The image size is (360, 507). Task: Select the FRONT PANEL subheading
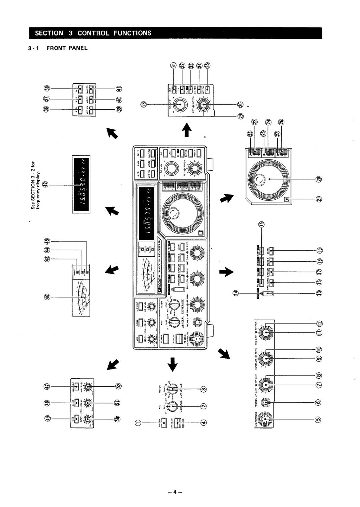67,48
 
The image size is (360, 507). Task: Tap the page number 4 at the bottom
175,492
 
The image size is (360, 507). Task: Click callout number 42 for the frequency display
45,185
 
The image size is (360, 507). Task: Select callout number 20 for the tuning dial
319,179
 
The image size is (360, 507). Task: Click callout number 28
143,104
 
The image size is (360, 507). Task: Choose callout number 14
236,293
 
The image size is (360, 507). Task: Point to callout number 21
319,199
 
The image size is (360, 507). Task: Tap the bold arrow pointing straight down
172,364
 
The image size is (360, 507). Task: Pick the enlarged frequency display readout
81,184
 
